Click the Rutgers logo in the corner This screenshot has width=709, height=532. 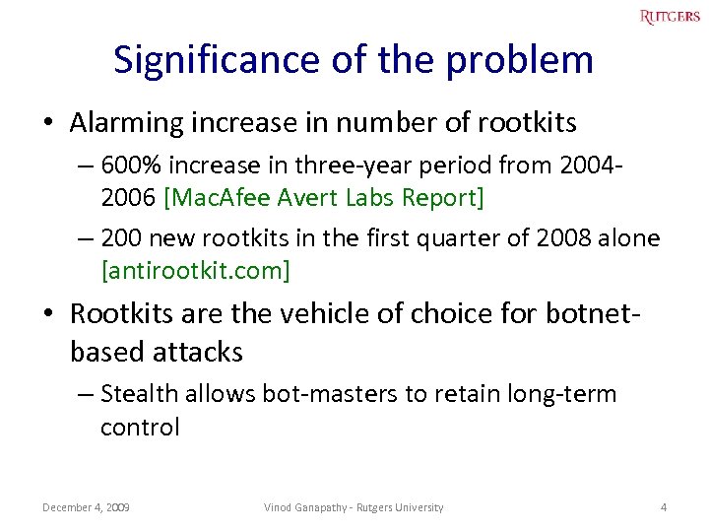pyautogui.click(x=670, y=17)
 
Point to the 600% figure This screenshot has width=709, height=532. pyautogui.click(x=129, y=165)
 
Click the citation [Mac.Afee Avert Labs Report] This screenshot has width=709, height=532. pyautogui.click(x=325, y=197)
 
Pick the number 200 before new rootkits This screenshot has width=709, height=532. pyautogui.click(x=120, y=238)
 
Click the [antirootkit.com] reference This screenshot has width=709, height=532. pyautogui.click(x=195, y=270)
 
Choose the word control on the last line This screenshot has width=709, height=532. pyautogui.click(x=140, y=427)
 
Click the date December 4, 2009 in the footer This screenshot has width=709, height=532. pyautogui.click(x=87, y=507)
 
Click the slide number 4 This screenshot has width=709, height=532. pyautogui.click(x=664, y=507)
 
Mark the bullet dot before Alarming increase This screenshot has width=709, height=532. pyautogui.click(x=47, y=124)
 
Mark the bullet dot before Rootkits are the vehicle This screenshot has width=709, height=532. pyautogui.click(x=47, y=315)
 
